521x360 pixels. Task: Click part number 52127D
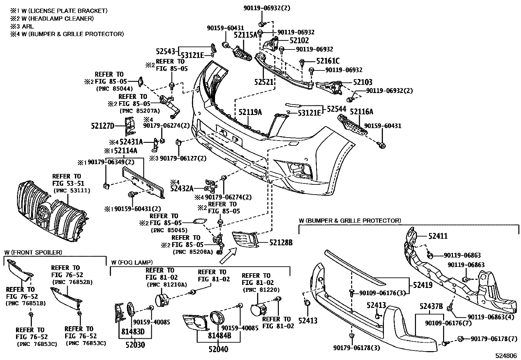click(102, 126)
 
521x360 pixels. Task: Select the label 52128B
click(281, 243)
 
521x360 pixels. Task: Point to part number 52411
click(438, 236)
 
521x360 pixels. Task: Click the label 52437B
click(431, 307)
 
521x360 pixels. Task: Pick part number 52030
click(135, 345)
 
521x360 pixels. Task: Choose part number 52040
click(219, 349)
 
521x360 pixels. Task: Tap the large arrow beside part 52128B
click(228, 256)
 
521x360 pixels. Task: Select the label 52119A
click(250, 112)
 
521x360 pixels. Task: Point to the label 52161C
click(328, 61)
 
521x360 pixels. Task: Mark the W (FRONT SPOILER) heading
click(33, 252)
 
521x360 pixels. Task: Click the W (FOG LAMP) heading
click(132, 262)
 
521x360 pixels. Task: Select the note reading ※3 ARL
click(22, 26)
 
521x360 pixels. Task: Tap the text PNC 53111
click(71, 190)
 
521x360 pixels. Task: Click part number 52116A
click(361, 112)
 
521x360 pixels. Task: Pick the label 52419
click(422, 285)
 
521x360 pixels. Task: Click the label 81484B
click(220, 336)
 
